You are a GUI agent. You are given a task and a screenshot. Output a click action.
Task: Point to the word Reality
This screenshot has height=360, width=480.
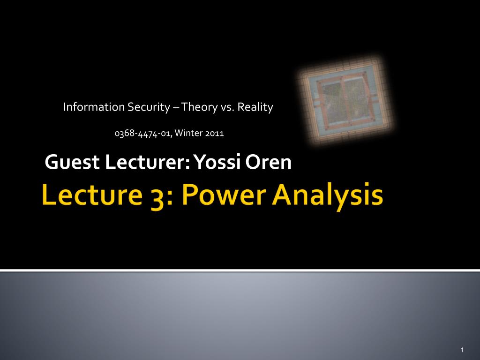[255, 107]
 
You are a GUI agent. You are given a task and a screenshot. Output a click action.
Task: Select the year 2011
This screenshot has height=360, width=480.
[215, 133]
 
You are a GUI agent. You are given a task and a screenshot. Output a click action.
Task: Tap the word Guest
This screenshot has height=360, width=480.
[72, 162]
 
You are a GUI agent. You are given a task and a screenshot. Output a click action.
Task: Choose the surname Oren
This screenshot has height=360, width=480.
[268, 162]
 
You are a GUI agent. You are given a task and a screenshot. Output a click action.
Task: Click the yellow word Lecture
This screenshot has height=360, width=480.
[92, 195]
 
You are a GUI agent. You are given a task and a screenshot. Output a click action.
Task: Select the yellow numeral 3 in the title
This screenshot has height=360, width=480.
[157, 198]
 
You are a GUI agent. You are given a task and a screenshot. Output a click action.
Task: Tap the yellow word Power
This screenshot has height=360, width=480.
[224, 195]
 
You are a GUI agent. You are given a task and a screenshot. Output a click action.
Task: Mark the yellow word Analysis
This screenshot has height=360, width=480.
[327, 196]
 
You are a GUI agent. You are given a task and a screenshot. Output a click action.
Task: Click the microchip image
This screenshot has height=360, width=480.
[345, 100]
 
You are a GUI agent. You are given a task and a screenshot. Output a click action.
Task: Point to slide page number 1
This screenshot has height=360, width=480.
[462, 350]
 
